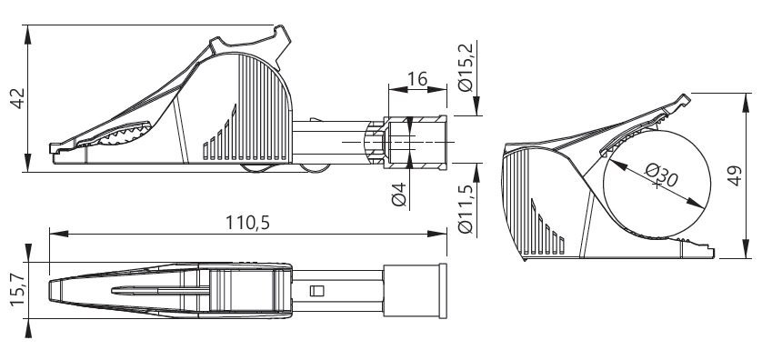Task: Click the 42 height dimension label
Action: pos(18,98)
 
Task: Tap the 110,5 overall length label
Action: pos(247,223)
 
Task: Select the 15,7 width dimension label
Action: pos(18,289)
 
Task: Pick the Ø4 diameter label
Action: pos(399,194)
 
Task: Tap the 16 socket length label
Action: pos(417,79)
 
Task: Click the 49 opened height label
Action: pos(735,175)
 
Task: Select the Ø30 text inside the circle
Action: pos(661,175)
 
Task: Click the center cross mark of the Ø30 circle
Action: pos(657,185)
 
